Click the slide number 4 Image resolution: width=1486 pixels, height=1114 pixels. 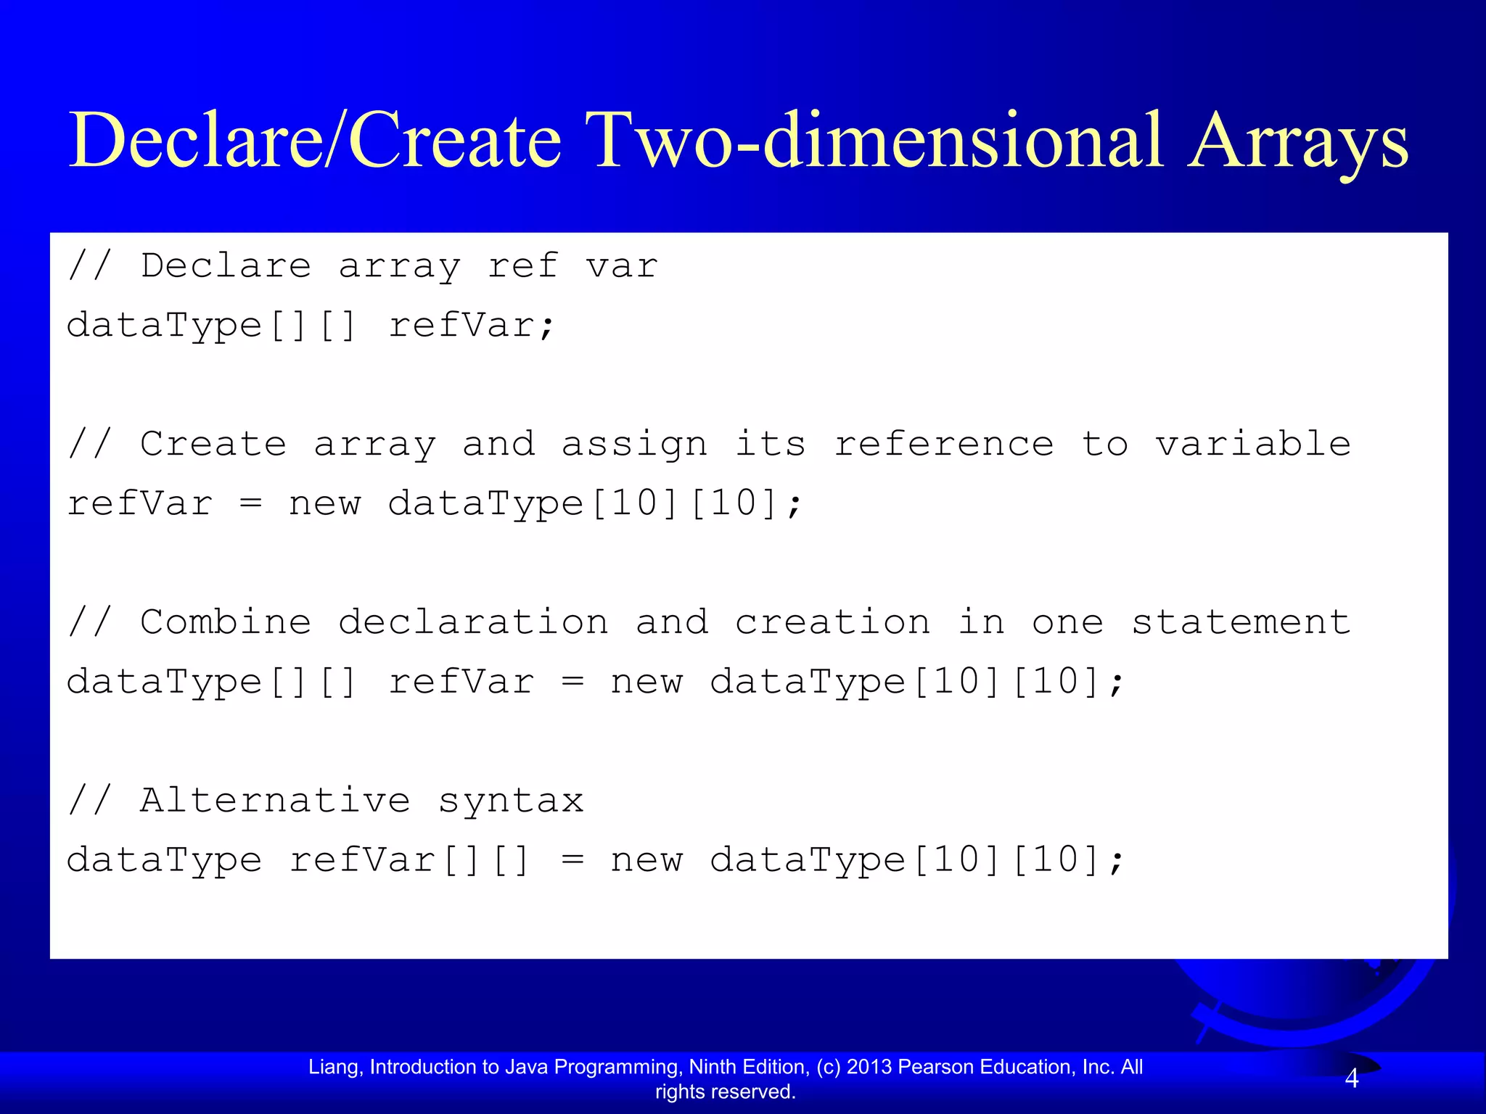[x=1351, y=1078]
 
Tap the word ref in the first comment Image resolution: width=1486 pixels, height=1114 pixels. [x=522, y=265]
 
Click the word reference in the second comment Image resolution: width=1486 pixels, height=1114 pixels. [x=944, y=444]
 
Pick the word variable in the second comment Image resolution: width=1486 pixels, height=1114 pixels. [x=1253, y=444]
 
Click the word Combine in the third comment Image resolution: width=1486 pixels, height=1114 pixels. [x=226, y=622]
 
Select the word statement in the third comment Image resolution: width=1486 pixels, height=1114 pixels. [x=1241, y=622]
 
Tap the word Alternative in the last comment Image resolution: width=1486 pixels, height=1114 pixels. [x=275, y=801]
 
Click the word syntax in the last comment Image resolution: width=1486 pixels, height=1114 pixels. [x=511, y=801]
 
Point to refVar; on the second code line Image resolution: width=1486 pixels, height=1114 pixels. [x=472, y=325]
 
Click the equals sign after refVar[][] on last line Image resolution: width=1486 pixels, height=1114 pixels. [x=572, y=860]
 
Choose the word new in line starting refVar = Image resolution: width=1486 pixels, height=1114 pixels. [x=324, y=503]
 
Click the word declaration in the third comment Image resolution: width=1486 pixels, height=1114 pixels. [x=473, y=622]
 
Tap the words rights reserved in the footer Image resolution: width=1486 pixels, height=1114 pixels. [x=725, y=1092]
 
